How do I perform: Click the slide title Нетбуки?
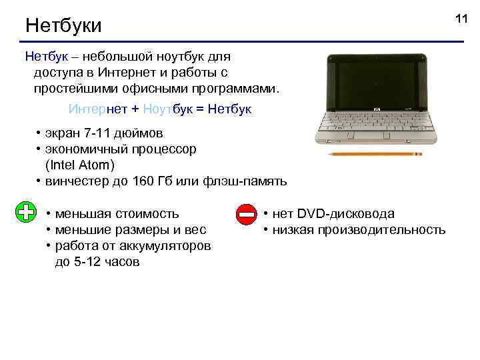(x=63, y=26)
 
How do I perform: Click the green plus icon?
(x=25, y=213)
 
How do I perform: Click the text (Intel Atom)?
(x=80, y=165)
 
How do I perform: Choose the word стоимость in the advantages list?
(x=147, y=213)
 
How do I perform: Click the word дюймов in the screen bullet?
(x=141, y=133)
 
